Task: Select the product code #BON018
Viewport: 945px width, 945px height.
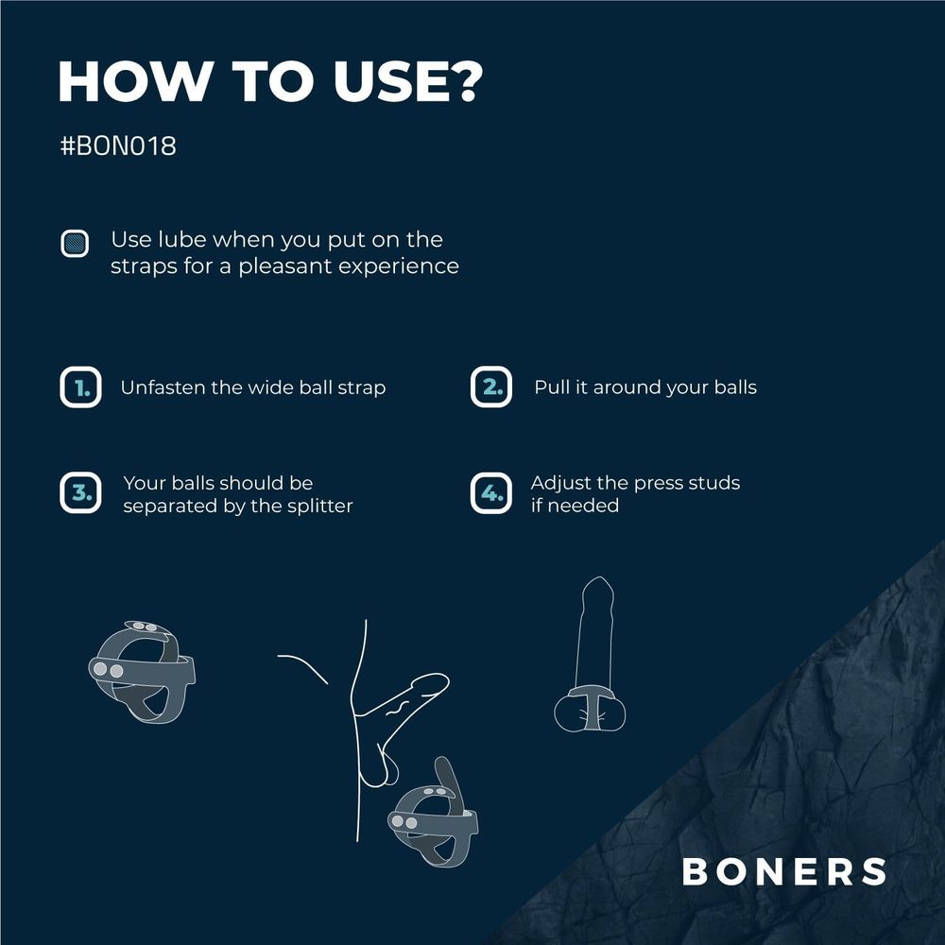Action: (x=117, y=147)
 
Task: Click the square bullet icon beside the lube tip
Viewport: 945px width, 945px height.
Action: (x=75, y=244)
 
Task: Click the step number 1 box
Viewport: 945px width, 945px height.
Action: (x=80, y=387)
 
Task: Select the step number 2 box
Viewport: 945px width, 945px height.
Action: (x=490, y=387)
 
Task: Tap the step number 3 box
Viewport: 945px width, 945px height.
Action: (x=80, y=493)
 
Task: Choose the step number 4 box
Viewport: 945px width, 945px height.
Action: (x=490, y=493)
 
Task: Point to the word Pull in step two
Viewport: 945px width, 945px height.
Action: (x=551, y=387)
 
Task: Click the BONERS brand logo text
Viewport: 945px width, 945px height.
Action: (x=784, y=871)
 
